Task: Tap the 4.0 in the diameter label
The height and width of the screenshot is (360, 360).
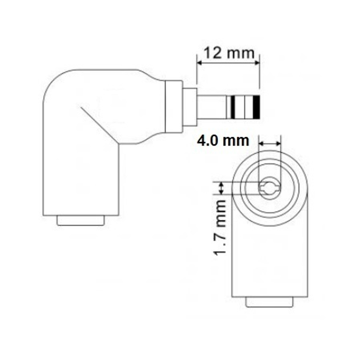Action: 209,140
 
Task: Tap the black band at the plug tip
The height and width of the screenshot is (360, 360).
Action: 256,107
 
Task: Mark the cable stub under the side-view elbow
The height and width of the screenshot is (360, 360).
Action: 81,220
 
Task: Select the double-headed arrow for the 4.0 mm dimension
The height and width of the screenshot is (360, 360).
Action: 270,144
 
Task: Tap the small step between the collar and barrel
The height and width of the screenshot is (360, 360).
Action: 190,107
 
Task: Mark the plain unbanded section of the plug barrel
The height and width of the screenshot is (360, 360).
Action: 211,107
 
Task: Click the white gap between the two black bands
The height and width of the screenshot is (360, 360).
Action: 245,107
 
